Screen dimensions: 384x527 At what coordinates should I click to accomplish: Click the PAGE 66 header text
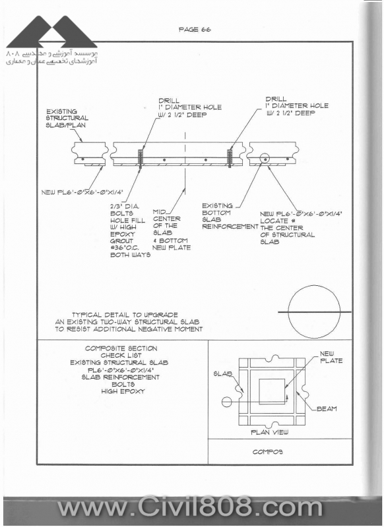tap(195, 30)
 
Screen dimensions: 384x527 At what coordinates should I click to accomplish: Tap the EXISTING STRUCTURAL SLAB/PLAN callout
tap(67, 119)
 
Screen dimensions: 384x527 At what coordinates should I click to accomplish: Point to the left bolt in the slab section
tap(141, 159)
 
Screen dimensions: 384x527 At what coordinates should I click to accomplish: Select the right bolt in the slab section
tap(230, 159)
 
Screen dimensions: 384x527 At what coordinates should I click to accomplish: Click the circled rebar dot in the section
tap(265, 159)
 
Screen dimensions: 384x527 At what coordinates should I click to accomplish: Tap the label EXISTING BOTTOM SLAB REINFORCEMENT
tap(230, 216)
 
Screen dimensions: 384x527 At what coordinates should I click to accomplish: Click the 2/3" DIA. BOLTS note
tap(130, 231)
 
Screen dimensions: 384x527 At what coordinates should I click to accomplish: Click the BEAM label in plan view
tap(327, 408)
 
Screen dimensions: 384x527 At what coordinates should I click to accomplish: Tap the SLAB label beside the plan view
tap(223, 374)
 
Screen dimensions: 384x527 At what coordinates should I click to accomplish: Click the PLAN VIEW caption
tap(270, 432)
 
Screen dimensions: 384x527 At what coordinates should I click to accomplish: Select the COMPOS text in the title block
tap(268, 452)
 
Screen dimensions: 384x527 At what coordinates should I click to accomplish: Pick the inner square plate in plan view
tap(259, 392)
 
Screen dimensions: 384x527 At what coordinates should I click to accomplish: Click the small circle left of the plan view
tap(226, 402)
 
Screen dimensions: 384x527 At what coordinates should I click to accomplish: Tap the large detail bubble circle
tap(288, 312)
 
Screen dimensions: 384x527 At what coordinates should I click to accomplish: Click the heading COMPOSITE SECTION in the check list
tap(121, 348)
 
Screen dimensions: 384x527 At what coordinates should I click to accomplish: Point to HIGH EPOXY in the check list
tap(123, 391)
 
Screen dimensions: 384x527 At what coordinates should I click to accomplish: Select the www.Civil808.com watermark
tap(190, 509)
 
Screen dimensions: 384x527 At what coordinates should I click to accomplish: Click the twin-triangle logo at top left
tap(51, 32)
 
